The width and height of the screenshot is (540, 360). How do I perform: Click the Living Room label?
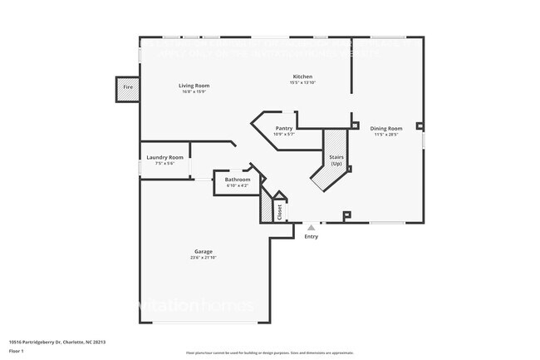194,86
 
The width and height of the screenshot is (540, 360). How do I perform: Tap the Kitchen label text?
302,77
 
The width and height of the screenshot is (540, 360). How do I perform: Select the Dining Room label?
385,128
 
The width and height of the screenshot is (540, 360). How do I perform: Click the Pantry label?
284,128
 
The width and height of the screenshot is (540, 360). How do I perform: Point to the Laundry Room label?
164,157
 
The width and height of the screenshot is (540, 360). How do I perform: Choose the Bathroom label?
238,180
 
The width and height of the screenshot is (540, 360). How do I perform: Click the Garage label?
204,252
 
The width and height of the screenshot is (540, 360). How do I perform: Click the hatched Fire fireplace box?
128,87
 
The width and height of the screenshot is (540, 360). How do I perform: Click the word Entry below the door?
311,237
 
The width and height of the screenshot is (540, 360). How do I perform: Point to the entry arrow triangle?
311,226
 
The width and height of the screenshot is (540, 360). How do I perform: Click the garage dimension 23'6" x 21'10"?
204,258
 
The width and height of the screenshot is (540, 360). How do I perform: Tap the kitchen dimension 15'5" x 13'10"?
302,83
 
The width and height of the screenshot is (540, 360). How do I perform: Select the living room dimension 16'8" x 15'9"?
194,91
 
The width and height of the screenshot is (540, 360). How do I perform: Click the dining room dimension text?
385,134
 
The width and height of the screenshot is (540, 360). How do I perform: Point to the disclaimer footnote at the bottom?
270,353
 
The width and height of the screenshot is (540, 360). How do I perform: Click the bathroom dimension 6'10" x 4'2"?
238,185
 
